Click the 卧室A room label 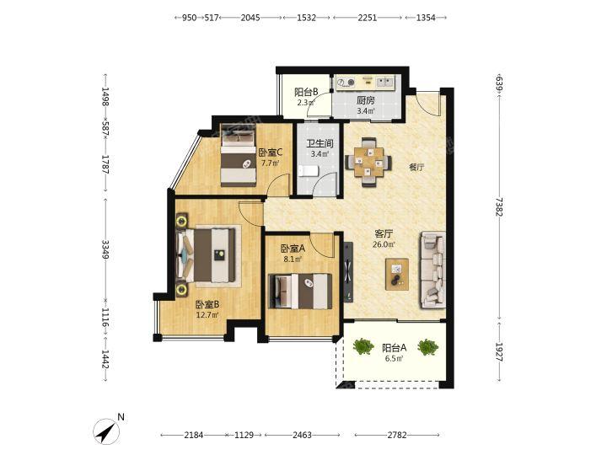click(293, 249)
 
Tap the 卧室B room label click(207, 304)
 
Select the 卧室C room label click(271, 153)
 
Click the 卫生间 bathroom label click(320, 143)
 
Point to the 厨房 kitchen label click(365, 100)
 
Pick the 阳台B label click(306, 92)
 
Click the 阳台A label click(394, 348)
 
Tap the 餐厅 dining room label click(416, 168)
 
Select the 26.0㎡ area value click(384, 244)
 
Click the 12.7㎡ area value click(207, 315)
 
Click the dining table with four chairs click(368, 163)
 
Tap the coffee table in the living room click(397, 275)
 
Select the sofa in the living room click(432, 270)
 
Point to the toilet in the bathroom click(309, 170)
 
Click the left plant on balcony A click(363, 346)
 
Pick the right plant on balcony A click(428, 347)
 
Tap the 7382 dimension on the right click(499, 206)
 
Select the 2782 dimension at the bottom click(397, 435)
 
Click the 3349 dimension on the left click(105, 249)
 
